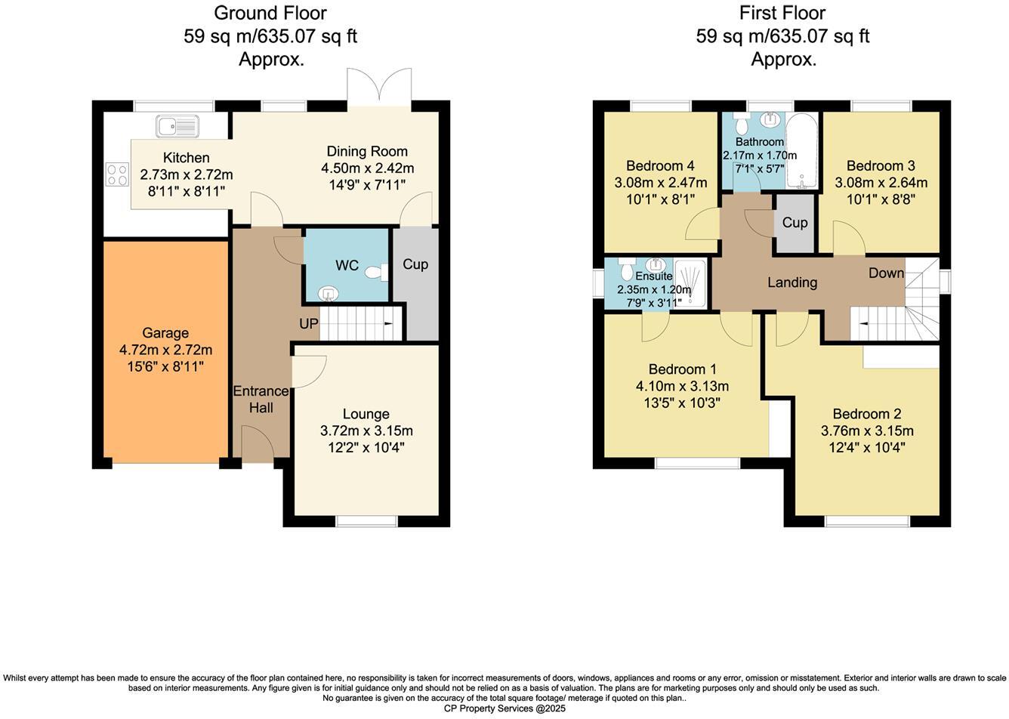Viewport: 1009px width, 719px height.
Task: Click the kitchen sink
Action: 177,126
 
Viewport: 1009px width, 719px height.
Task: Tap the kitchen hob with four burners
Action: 117,175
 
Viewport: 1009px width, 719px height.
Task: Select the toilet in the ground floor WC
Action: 375,272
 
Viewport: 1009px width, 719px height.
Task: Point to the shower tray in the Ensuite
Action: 690,283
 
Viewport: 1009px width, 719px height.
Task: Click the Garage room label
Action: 165,333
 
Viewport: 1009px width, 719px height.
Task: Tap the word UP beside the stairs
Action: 309,324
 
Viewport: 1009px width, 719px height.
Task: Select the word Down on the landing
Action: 886,273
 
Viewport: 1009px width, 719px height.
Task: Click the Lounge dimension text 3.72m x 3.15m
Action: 366,430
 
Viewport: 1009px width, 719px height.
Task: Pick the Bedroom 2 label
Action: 866,414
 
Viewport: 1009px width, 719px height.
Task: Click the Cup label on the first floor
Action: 795,223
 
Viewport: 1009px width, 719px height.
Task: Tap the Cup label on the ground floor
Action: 415,264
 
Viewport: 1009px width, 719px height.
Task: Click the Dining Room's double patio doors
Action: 379,88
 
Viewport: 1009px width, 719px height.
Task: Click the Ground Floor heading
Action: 270,13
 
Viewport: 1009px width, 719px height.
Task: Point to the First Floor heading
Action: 782,13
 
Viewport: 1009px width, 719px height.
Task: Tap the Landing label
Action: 792,282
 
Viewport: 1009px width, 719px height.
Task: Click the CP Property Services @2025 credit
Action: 504,708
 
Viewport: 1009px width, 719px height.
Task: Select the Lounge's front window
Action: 366,520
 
